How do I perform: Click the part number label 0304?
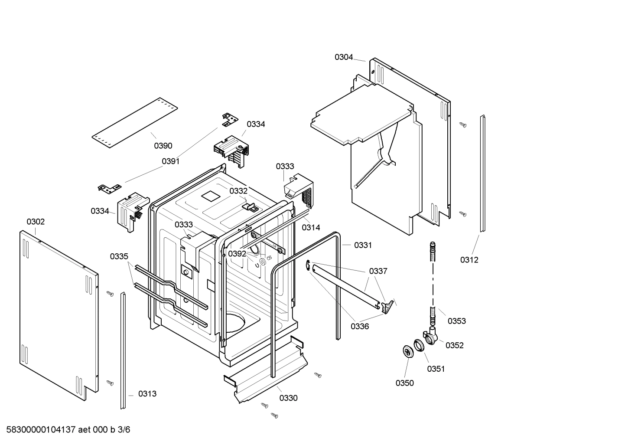[343, 57]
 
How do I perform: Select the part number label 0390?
[163, 146]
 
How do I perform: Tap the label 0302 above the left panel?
[36, 222]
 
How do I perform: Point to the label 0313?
[147, 394]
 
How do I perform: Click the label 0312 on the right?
[469, 260]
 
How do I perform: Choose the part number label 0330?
[288, 398]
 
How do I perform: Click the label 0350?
[404, 383]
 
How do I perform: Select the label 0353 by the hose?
[456, 321]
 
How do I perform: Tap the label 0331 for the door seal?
[363, 245]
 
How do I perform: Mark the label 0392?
[237, 254]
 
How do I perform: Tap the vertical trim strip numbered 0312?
[482, 174]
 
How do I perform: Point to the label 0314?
[311, 227]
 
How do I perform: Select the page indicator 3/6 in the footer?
[124, 430]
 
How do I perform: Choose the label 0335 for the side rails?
[119, 256]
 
